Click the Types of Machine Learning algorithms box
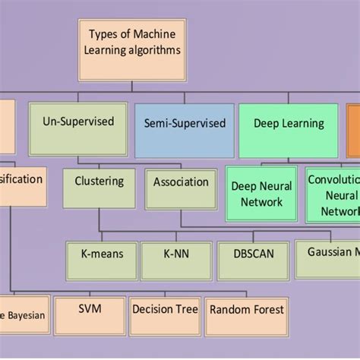(x=132, y=50)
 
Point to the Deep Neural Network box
(x=261, y=194)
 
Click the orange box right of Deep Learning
(x=353, y=129)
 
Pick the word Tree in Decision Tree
(x=186, y=309)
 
